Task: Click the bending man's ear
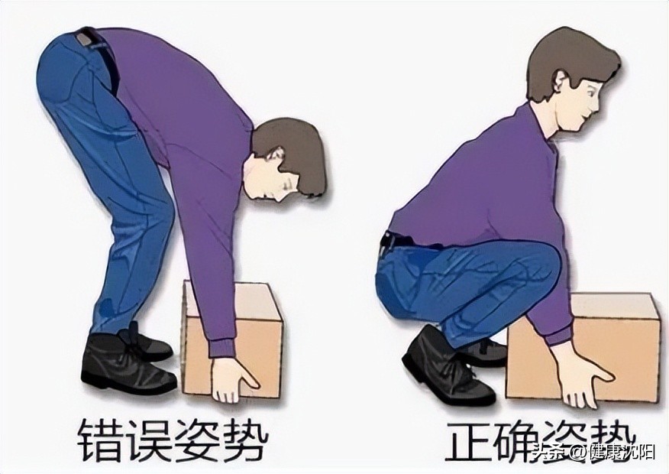(276, 154)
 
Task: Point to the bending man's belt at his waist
(102, 51)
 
